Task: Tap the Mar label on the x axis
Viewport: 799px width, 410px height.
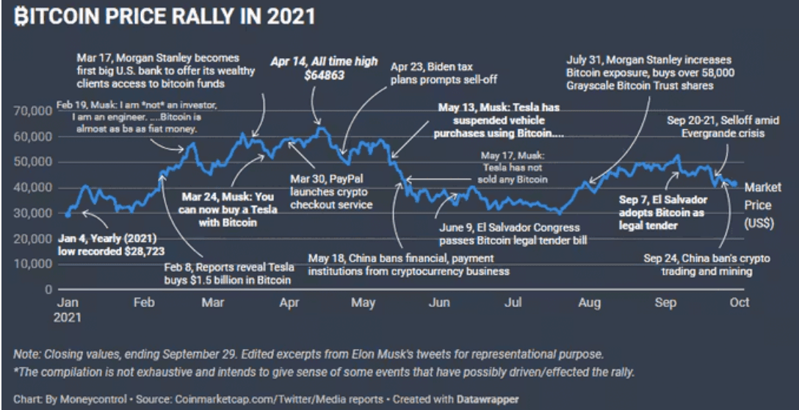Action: pos(213,303)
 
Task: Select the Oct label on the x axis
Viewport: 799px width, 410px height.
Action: pos(739,303)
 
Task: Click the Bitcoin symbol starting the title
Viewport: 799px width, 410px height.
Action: pos(21,16)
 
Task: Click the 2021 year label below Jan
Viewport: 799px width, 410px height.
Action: pos(70,317)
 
